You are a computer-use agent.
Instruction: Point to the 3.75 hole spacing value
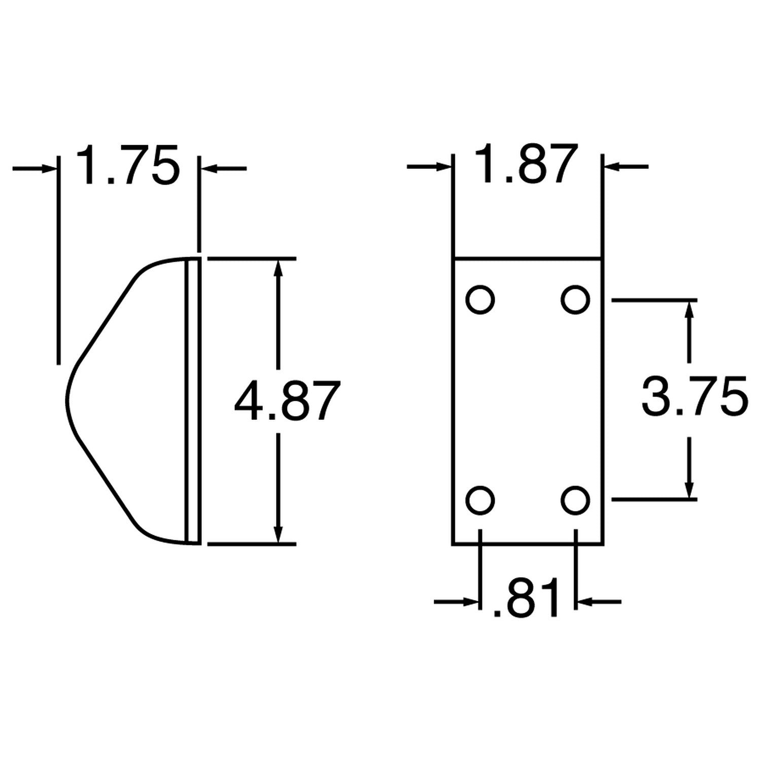pyautogui.click(x=694, y=395)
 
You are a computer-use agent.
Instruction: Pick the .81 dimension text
pyautogui.click(x=526, y=599)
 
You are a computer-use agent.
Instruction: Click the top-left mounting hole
pyautogui.click(x=480, y=300)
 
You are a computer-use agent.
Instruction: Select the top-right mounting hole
pyautogui.click(x=575, y=300)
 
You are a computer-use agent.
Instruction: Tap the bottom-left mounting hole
pyautogui.click(x=480, y=500)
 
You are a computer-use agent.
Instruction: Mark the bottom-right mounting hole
pyautogui.click(x=575, y=500)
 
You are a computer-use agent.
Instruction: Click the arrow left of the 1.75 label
pyautogui.click(x=36, y=168)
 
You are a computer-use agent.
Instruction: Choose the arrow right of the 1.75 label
pyautogui.click(x=223, y=168)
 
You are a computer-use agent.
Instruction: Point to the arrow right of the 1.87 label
pyautogui.click(x=625, y=166)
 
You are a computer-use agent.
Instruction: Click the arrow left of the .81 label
pyautogui.click(x=457, y=602)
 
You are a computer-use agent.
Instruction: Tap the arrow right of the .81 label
pyautogui.click(x=599, y=602)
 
